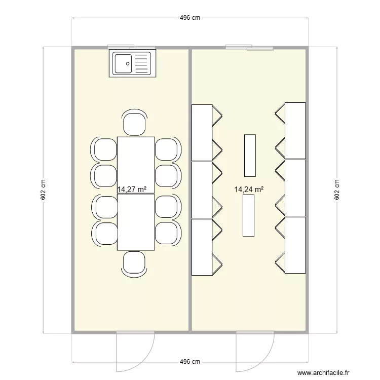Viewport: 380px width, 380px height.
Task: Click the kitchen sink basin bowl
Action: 123,64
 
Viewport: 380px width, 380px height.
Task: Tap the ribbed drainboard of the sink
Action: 142,64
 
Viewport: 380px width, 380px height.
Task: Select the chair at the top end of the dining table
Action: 135,123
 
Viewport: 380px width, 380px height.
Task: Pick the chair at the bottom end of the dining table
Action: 135,263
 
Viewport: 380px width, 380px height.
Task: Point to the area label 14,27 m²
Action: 132,189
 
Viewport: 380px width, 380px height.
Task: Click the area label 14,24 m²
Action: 249,189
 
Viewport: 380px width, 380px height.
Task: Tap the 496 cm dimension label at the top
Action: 190,18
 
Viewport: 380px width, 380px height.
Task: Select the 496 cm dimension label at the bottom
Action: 190,362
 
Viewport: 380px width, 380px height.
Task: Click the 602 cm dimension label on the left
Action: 43,190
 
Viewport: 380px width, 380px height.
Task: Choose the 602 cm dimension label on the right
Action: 337,190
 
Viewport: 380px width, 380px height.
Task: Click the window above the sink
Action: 132,47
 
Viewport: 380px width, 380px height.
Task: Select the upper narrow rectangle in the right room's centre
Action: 250,155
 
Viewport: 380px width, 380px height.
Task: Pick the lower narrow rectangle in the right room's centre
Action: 248,215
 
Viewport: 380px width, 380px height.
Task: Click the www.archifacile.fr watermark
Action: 323,372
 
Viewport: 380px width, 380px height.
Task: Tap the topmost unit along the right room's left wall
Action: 202,132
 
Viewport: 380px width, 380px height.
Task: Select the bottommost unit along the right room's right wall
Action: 295,245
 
